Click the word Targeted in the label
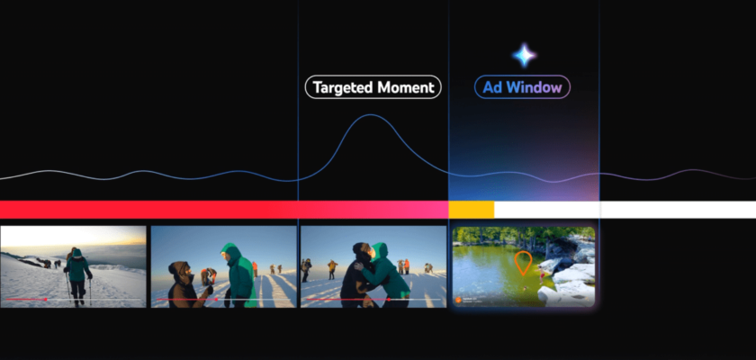click(343, 87)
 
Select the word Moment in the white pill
click(406, 87)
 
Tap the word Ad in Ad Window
click(491, 87)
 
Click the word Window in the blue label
click(534, 87)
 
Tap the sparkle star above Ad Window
click(524, 56)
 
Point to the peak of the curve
click(370, 114)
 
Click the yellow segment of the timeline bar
click(471, 210)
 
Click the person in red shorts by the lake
click(543, 276)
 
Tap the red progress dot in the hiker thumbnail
click(45, 300)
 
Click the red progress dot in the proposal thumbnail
click(216, 300)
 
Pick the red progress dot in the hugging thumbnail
click(389, 300)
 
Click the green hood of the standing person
click(231, 253)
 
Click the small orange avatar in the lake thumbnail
click(458, 300)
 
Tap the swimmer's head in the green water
click(525, 288)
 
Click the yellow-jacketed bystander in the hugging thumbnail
click(332, 269)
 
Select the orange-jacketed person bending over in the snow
click(208, 275)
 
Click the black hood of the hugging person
click(361, 252)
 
